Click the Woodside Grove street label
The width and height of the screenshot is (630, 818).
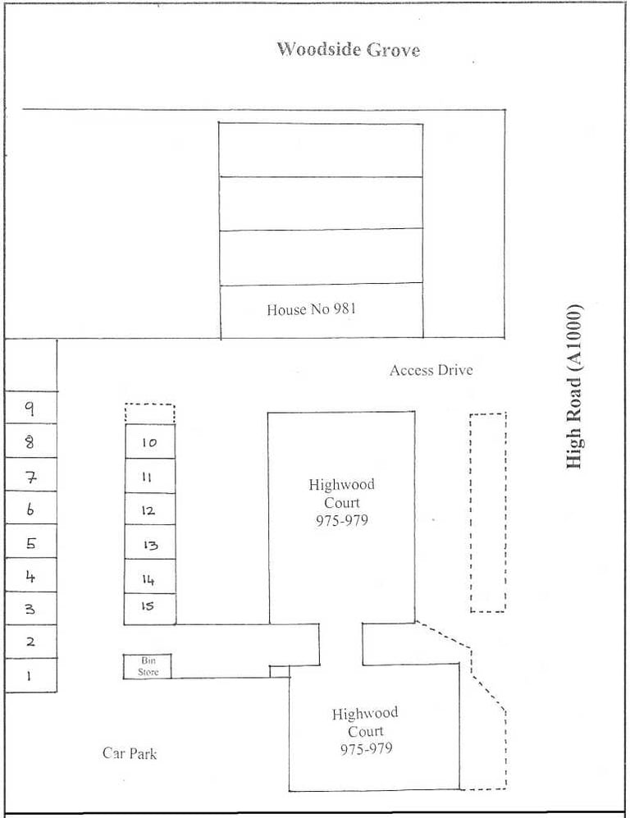[348, 49]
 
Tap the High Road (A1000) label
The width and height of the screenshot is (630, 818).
[574, 386]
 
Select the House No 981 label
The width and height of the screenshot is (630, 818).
[312, 309]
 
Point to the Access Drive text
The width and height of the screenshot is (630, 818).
[431, 370]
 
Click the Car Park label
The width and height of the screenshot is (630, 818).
[130, 753]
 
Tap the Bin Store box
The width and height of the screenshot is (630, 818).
[147, 666]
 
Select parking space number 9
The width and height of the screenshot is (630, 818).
[31, 407]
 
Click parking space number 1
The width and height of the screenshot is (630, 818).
[31, 675]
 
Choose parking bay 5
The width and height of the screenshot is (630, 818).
[31, 541]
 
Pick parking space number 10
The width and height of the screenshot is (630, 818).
[150, 441]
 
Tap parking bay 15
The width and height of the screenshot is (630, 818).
[149, 608]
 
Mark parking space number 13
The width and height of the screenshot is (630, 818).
[150, 542]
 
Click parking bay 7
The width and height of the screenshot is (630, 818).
[31, 474]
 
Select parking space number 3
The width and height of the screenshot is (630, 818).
[31, 608]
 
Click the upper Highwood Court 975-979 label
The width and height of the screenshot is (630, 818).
[341, 502]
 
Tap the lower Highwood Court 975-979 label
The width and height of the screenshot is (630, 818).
[365, 731]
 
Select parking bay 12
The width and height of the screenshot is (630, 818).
[150, 510]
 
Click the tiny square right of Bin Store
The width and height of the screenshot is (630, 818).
[279, 672]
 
